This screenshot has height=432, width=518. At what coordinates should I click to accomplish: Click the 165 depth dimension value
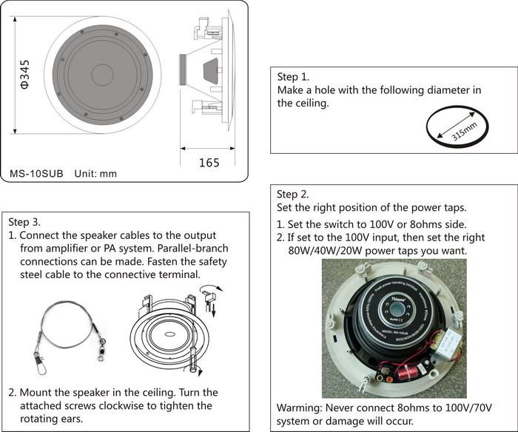(209, 162)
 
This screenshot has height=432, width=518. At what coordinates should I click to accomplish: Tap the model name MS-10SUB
(37, 174)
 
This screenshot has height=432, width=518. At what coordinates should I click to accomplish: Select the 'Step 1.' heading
(293, 77)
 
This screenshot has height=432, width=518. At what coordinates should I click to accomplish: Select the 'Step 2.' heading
(293, 194)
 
